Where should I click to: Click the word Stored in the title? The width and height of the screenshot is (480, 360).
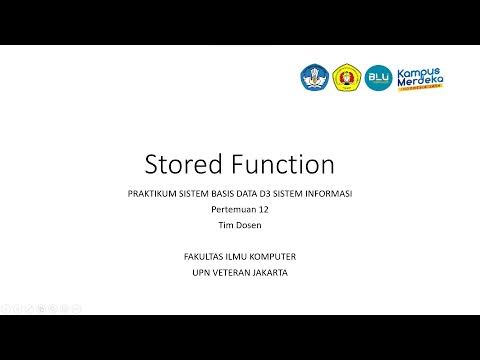181,164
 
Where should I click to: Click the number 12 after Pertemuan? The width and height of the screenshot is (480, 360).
263,210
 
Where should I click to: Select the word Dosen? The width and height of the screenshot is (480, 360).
249,226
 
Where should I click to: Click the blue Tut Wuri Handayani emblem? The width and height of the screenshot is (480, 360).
314,77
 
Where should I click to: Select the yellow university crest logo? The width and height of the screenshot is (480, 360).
347,77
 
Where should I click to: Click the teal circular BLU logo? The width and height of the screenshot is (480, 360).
379,77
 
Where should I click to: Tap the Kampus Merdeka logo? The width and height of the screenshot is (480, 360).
424,77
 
